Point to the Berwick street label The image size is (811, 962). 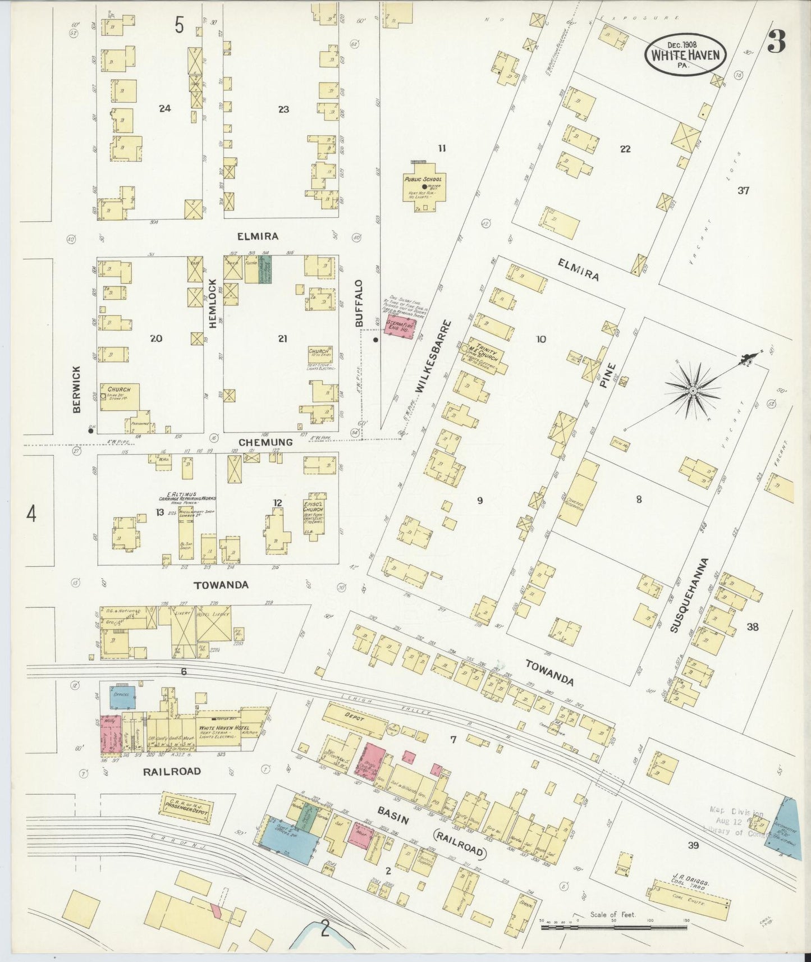tap(77, 389)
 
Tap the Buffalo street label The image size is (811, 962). tap(359, 303)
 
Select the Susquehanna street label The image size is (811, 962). tap(690, 595)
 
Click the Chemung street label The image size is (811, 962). tap(265, 442)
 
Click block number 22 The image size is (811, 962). tap(625, 149)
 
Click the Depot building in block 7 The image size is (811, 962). tap(355, 718)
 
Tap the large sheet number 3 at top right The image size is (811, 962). tap(776, 42)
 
